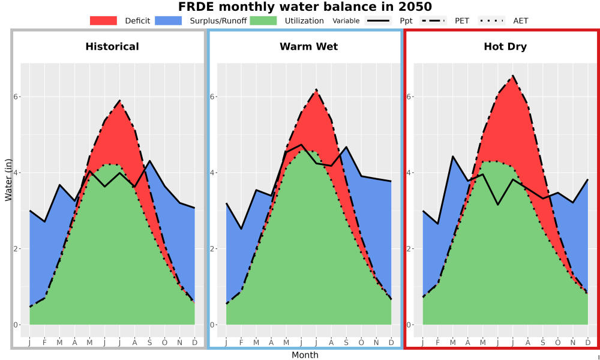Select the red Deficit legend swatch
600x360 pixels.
click(x=103, y=20)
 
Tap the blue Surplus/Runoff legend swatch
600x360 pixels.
click(x=169, y=20)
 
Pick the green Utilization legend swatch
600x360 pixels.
click(x=263, y=20)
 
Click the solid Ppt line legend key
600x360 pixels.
click(x=377, y=20)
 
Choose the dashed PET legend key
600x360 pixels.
click(x=433, y=20)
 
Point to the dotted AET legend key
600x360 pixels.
click(x=491, y=20)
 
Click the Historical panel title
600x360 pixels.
click(x=112, y=47)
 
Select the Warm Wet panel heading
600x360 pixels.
click(x=309, y=47)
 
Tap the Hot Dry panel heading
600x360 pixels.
click(x=505, y=47)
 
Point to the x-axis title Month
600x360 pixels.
click(x=305, y=355)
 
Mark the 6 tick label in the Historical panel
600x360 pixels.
click(x=16, y=97)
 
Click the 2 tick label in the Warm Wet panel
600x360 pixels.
click(x=212, y=248)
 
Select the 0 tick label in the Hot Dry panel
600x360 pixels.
click(x=409, y=325)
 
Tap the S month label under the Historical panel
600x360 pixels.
click(x=149, y=343)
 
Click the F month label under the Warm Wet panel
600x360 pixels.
click(x=241, y=343)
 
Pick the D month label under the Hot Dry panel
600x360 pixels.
click(x=588, y=343)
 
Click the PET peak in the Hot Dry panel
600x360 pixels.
click(x=513, y=76)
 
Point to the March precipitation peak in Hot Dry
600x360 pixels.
click(x=452, y=156)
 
